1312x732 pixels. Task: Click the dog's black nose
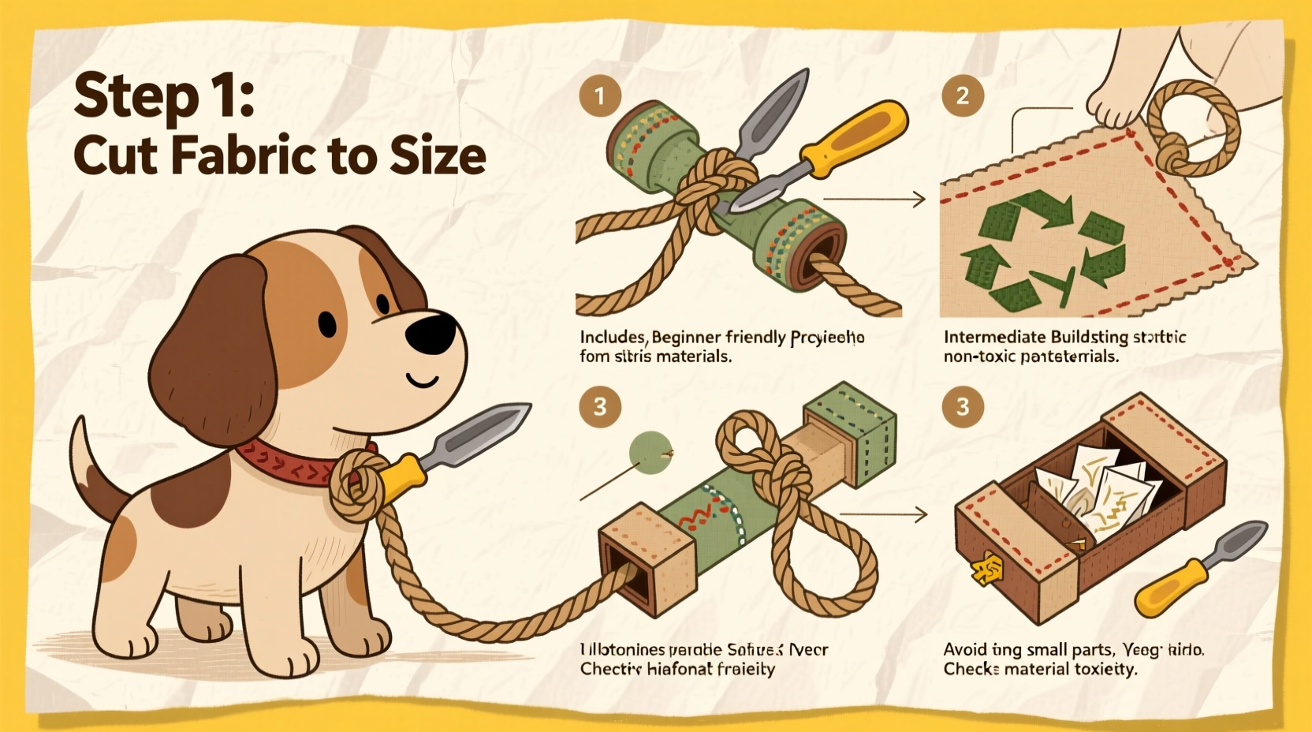(430, 332)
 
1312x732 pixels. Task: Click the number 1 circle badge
(600, 96)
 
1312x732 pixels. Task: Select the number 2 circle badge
(963, 96)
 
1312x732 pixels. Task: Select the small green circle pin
(650, 453)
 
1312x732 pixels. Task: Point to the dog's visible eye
(327, 323)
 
